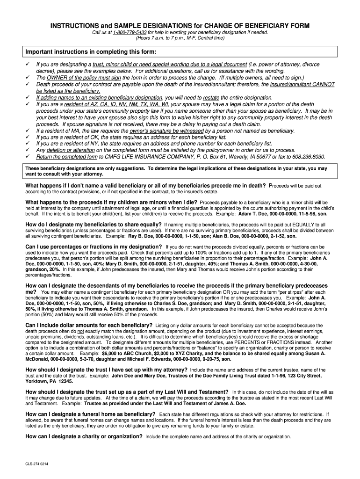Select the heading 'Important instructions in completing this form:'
tap(91, 51)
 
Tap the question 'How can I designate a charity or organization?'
tap(84, 436)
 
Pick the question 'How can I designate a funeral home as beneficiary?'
tap(90, 414)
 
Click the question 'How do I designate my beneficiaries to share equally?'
tap(94, 225)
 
